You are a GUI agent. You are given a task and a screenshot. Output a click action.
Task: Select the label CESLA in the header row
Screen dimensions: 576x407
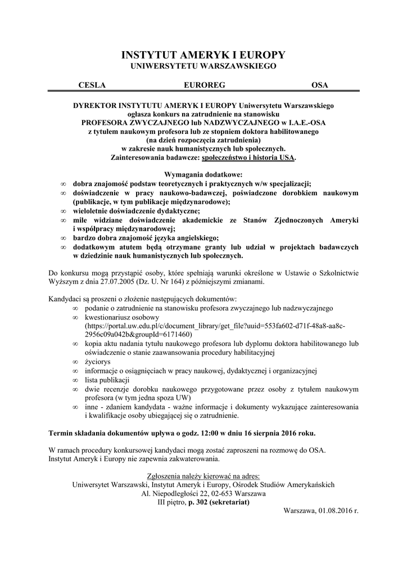click(92, 85)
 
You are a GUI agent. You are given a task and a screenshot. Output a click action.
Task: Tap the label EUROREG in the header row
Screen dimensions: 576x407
click(204, 85)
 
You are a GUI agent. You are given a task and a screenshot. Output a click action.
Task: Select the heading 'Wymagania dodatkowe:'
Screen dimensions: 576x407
click(203, 175)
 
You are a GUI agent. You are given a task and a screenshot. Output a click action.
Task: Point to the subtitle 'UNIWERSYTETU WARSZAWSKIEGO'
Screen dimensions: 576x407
click(203, 66)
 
